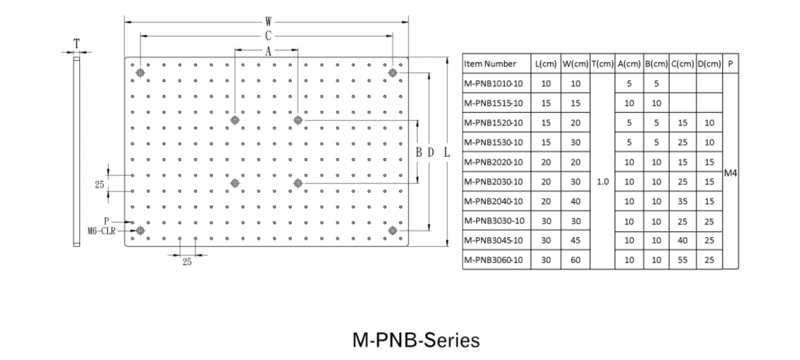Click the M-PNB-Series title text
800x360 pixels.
415,340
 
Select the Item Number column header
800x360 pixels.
490,64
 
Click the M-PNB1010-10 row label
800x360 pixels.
493,84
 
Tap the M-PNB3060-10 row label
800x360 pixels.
493,260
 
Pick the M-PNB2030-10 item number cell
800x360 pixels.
493,181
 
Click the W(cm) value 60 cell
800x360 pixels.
575,260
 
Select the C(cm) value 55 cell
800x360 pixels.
683,260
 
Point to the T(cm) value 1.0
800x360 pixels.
603,181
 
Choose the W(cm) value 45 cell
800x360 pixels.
575,241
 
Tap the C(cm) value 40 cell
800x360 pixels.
683,241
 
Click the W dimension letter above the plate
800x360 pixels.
267,22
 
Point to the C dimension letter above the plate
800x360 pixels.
267,36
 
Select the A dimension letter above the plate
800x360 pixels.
267,51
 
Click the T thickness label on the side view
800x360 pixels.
77,43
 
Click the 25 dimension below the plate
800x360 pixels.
187,262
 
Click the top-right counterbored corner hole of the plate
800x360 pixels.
393,73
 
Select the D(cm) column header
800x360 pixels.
709,64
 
